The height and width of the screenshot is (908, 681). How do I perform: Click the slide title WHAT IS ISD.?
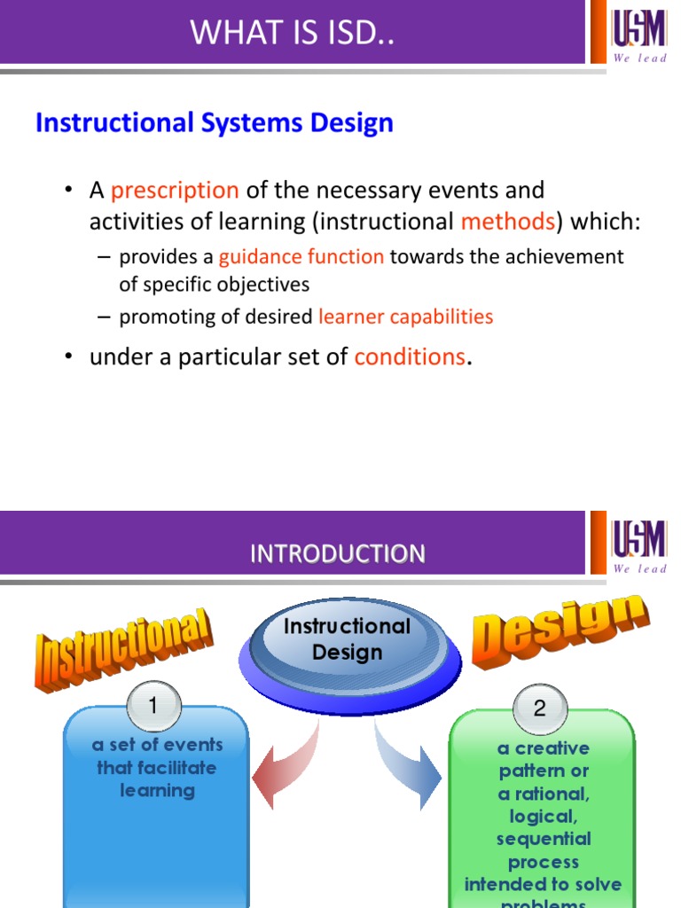click(x=292, y=33)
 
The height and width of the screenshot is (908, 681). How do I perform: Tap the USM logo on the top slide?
click(x=638, y=33)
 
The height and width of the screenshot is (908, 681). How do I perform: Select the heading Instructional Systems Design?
click(x=214, y=122)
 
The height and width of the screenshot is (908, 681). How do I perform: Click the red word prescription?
click(x=175, y=191)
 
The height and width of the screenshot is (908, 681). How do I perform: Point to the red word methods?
click(x=507, y=221)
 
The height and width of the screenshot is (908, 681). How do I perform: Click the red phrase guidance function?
click(x=301, y=257)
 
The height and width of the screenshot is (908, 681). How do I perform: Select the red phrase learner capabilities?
click(x=405, y=317)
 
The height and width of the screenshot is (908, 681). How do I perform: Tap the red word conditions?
click(x=410, y=357)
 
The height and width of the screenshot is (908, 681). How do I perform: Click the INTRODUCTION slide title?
click(x=337, y=554)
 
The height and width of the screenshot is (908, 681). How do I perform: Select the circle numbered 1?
click(x=153, y=707)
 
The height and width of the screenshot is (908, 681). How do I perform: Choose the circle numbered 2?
click(x=539, y=708)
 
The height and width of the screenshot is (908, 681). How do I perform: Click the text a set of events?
click(x=157, y=745)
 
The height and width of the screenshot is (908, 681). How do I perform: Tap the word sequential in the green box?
click(x=543, y=839)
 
